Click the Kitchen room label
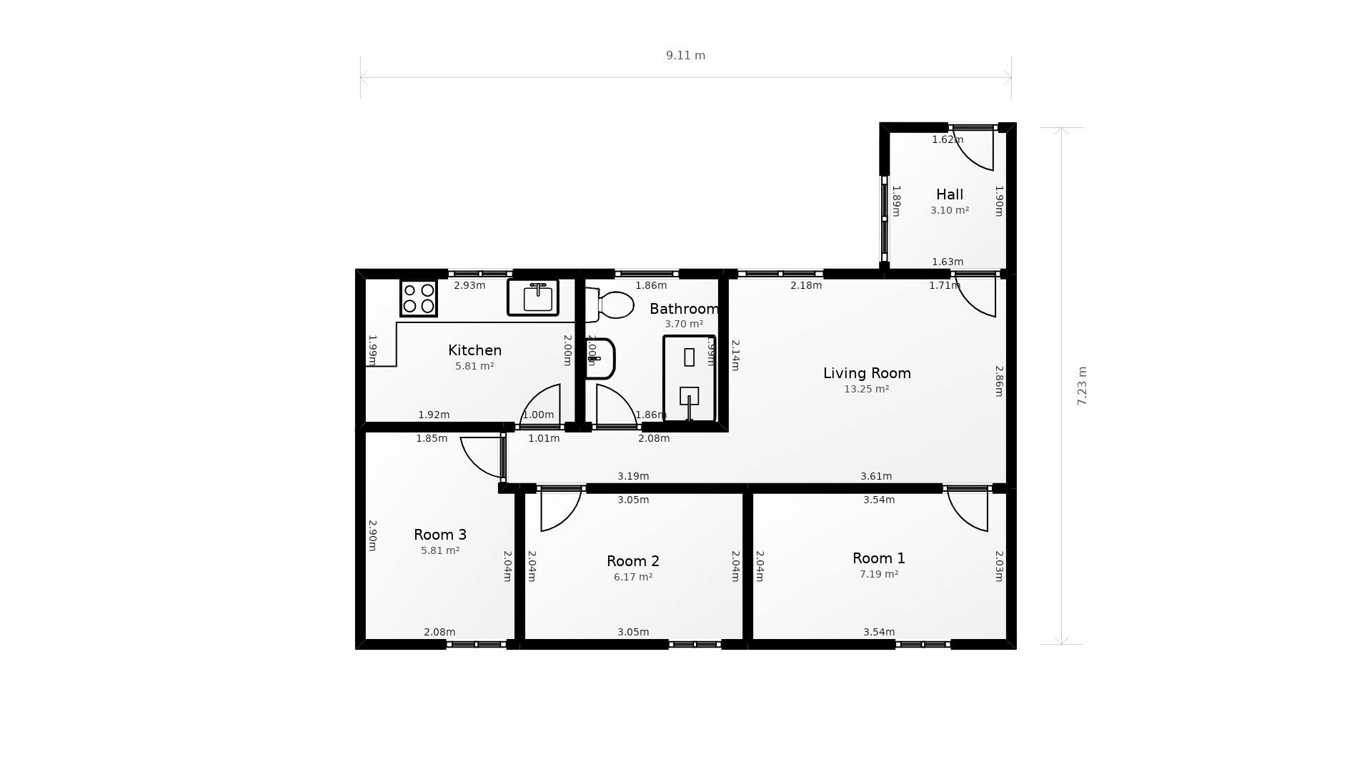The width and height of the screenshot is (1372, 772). (474, 350)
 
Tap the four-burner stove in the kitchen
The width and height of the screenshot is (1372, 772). (418, 298)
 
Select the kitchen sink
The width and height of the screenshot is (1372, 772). (533, 297)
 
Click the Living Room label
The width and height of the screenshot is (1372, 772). (867, 373)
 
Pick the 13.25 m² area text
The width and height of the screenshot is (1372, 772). (866, 390)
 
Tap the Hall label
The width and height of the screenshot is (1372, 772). (950, 194)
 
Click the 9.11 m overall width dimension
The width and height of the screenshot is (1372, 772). (685, 56)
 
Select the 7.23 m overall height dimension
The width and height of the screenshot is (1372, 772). (1082, 386)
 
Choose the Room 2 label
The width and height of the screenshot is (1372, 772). (632, 561)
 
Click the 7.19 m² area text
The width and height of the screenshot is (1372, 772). (878, 575)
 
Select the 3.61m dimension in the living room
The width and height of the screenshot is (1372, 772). (875, 476)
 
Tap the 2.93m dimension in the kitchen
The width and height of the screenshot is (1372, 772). (469, 286)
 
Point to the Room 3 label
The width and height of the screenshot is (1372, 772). (440, 535)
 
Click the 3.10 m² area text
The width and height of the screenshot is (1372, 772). (950, 211)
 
